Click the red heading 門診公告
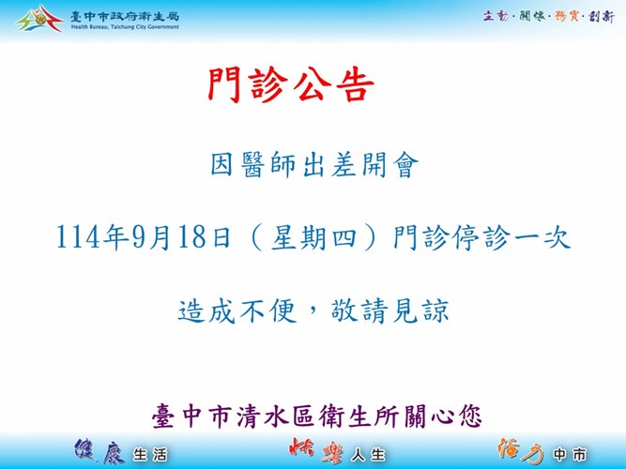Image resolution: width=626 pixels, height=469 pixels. tap(291, 84)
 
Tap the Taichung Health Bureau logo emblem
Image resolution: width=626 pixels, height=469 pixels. tap(39, 19)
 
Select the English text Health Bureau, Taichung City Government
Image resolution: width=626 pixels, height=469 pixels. tap(125, 27)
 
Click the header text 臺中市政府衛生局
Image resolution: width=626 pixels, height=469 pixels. tap(125, 17)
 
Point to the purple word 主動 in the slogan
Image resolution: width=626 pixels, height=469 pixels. tap(496, 16)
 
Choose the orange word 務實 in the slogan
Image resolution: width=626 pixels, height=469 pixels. tap(567, 16)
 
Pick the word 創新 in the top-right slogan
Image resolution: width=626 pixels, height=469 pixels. tap(602, 16)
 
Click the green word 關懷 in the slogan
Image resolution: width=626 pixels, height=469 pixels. tap(532, 16)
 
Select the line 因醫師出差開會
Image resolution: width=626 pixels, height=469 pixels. tap(314, 164)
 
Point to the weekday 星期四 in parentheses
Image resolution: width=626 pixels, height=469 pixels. tap(313, 237)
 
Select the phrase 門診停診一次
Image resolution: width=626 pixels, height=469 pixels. tap(481, 238)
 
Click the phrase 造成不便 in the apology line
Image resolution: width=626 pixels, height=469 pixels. tap(237, 310)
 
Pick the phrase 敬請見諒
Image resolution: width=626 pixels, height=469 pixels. tap(389, 310)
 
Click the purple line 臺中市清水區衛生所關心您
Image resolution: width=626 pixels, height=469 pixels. tap(317, 416)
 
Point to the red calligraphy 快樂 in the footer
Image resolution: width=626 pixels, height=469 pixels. tap(315, 451)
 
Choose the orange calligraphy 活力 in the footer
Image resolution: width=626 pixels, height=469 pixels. tap(520, 451)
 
